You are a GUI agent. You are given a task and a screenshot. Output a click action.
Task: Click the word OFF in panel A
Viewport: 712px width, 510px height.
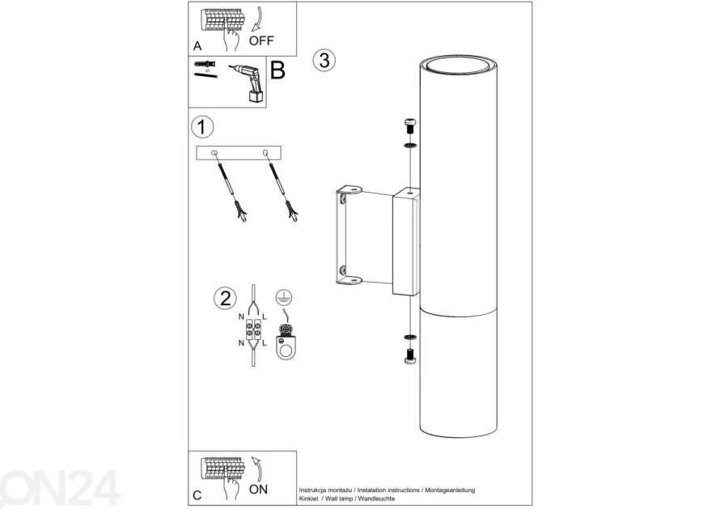(261, 40)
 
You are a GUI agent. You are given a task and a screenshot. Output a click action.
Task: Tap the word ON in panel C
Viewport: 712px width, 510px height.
(258, 489)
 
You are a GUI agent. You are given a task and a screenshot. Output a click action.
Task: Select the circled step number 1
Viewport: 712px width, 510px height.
(202, 127)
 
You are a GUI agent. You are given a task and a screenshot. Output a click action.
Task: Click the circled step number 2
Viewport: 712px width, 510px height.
(225, 299)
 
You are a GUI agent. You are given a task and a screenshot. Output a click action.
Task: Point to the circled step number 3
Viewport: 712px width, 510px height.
(324, 60)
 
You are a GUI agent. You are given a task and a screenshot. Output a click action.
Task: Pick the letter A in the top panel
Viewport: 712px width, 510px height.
(197, 46)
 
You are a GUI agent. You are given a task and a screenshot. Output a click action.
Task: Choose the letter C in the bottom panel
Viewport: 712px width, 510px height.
(197, 495)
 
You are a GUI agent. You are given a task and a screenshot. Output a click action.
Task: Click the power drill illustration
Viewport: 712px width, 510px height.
(248, 83)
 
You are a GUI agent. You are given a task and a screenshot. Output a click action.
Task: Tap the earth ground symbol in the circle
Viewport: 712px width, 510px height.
(284, 297)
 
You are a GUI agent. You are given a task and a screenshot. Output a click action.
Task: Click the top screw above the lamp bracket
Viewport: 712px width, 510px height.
(410, 125)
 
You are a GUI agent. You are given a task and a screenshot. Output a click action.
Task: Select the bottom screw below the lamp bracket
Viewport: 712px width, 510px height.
(410, 356)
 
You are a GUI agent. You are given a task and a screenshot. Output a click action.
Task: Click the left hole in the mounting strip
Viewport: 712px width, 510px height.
(214, 154)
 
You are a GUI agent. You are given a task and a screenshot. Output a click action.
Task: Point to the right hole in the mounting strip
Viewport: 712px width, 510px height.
(265, 153)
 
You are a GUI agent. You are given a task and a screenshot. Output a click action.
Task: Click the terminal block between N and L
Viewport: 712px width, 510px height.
(253, 330)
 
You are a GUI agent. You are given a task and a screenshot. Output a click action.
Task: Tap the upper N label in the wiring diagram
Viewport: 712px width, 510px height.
(241, 317)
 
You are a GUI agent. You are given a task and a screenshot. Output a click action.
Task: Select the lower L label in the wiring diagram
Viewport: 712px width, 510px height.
(265, 343)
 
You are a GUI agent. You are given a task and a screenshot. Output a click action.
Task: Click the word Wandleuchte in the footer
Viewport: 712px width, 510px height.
(376, 499)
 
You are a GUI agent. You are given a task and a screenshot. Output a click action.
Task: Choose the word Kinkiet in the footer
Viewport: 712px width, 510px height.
(309, 499)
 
